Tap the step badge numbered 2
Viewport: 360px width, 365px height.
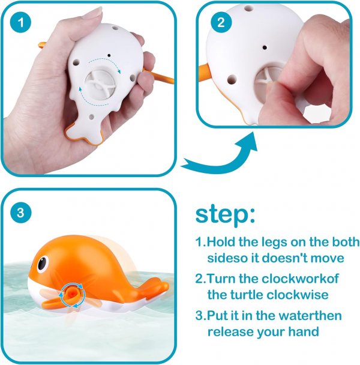point(220,22)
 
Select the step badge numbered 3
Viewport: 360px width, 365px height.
point(21,212)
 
